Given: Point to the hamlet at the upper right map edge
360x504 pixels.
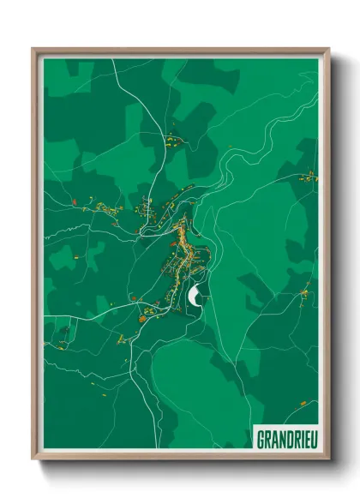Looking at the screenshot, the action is click(307, 177).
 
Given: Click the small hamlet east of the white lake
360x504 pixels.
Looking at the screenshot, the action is click(304, 293).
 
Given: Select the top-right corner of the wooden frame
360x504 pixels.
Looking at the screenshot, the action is click(328, 49).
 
